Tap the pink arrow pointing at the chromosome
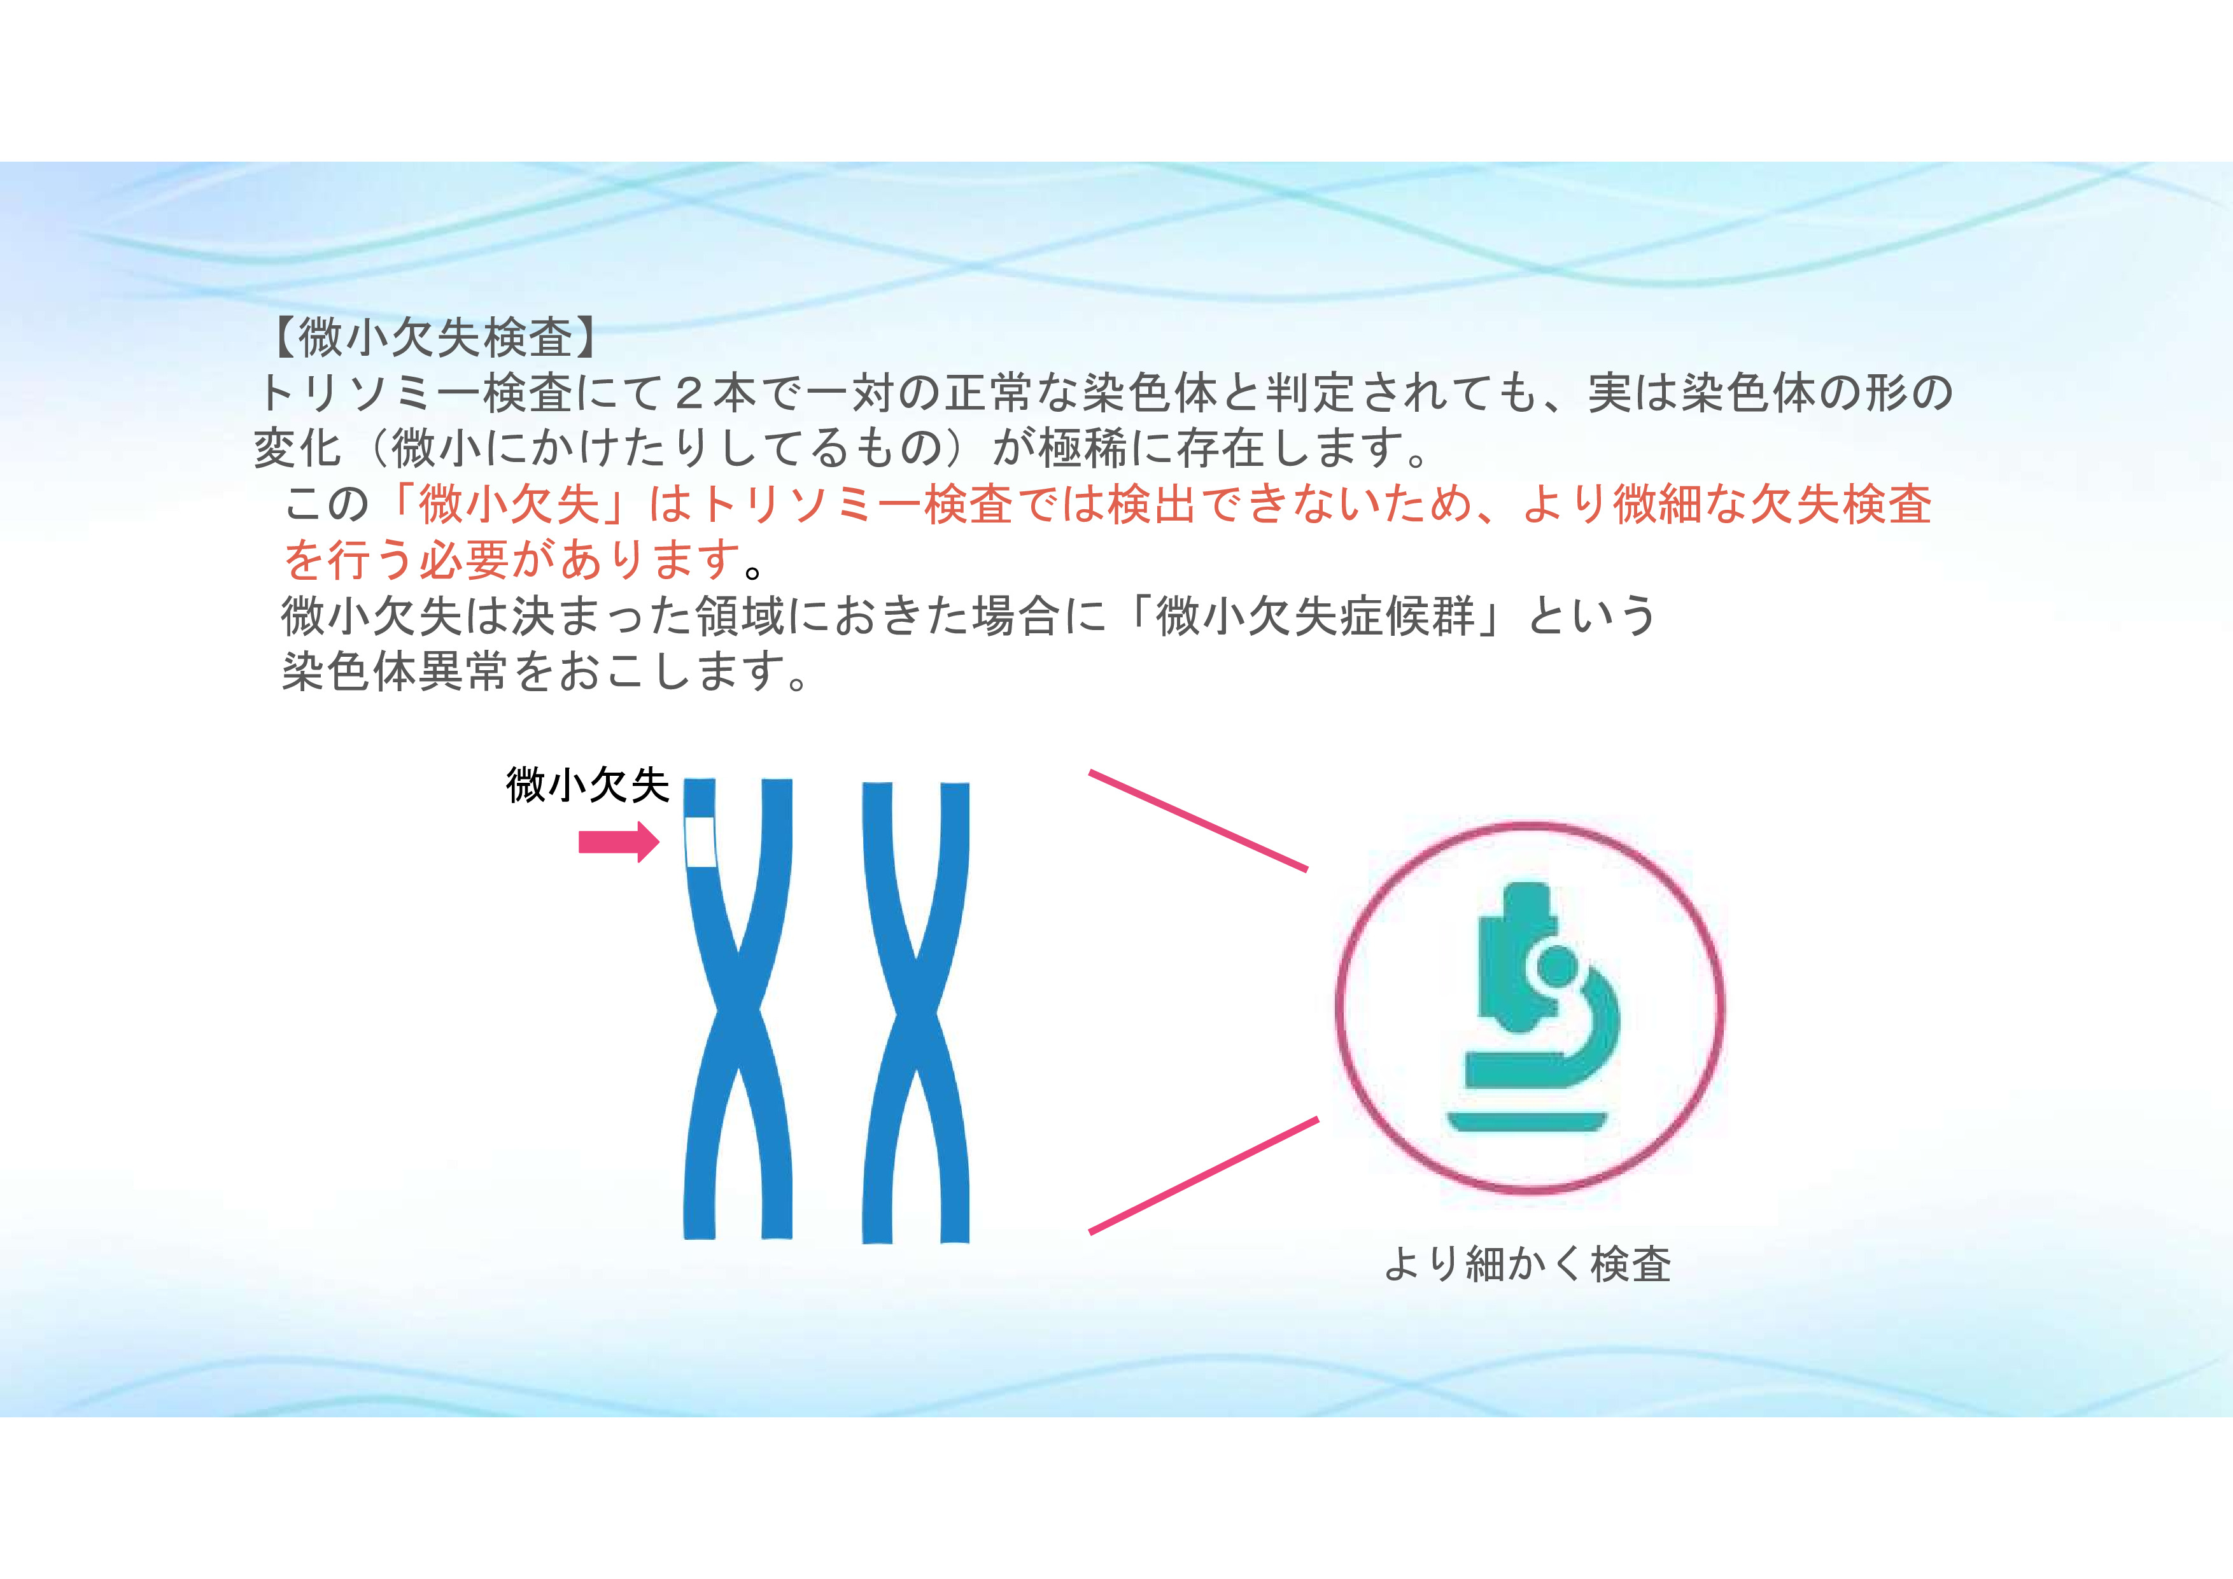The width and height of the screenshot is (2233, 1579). pyautogui.click(x=619, y=842)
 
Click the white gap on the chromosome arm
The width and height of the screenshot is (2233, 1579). pyautogui.click(x=700, y=842)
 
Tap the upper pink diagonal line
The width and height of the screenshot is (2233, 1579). pyautogui.click(x=1198, y=820)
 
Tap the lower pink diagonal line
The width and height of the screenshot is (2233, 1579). pyautogui.click(x=1203, y=1175)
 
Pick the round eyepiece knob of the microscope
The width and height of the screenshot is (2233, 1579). pyautogui.click(x=1559, y=965)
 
